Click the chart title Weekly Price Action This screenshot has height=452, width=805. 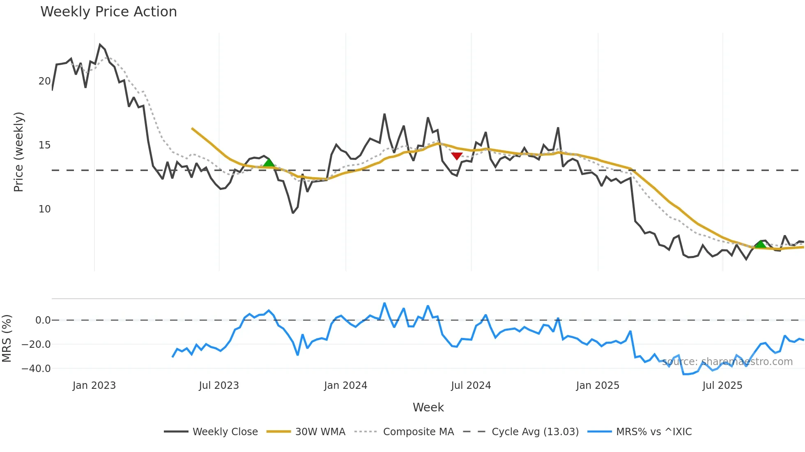pyautogui.click(x=108, y=12)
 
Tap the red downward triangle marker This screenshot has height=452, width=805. pyautogui.click(x=457, y=156)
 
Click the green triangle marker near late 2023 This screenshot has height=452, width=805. pyautogui.click(x=269, y=163)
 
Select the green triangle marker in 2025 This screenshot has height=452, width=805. pyautogui.click(x=760, y=244)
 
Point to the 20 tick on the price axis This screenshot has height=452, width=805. pyautogui.click(x=44, y=81)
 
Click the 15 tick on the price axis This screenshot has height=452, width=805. pyautogui.click(x=44, y=145)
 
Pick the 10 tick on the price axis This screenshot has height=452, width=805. pyautogui.click(x=44, y=209)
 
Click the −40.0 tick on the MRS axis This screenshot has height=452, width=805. pyautogui.click(x=36, y=368)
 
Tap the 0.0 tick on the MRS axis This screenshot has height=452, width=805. pyautogui.click(x=43, y=320)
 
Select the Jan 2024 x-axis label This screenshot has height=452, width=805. pyautogui.click(x=345, y=386)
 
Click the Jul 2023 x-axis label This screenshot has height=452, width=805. pyautogui.click(x=219, y=386)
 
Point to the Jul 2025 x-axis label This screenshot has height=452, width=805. pyautogui.click(x=722, y=386)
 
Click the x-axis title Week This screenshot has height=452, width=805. pyautogui.click(x=428, y=407)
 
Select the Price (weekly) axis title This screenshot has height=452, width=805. pyautogui.click(x=19, y=152)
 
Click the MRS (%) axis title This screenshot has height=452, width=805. pyautogui.click(x=7, y=338)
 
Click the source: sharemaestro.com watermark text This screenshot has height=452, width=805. pyautogui.click(x=727, y=362)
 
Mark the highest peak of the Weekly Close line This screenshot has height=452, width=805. pyautogui.click(x=100, y=44)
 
